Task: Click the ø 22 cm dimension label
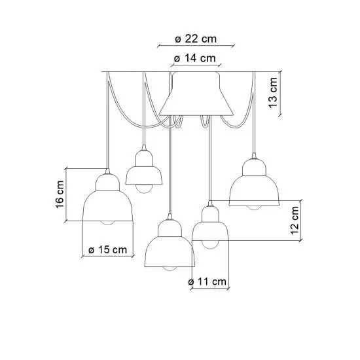point(196,39)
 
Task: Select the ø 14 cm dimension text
point(195,58)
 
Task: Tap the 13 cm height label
point(273,92)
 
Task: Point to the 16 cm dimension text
point(60,194)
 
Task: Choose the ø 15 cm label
point(108,249)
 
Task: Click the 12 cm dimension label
point(295,221)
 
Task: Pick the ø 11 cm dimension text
point(207,281)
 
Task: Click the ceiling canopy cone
point(196,94)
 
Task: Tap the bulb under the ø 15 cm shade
point(108,223)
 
